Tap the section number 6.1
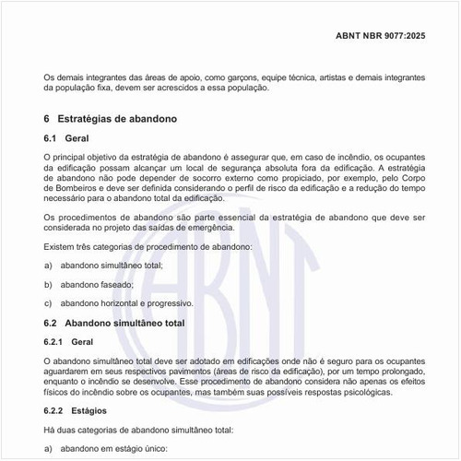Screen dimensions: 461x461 [52, 138]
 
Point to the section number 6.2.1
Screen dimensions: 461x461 [56, 342]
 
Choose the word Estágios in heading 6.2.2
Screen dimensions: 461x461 [89, 410]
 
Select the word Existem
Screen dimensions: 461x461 [60, 248]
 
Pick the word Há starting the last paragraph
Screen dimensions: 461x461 [50, 431]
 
